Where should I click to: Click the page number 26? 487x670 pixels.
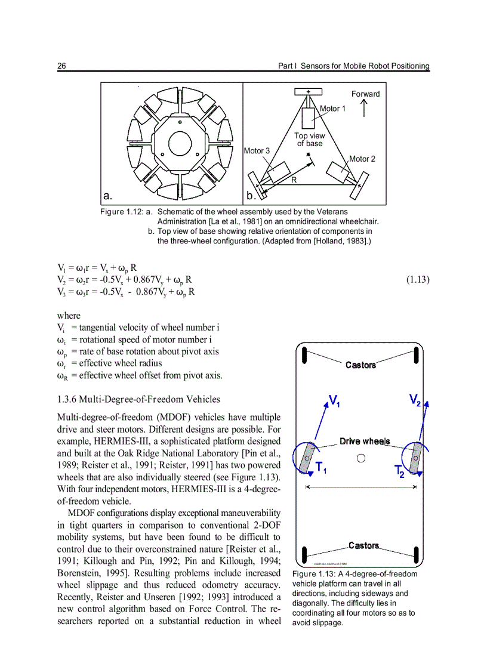61,66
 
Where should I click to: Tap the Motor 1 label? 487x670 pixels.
332,109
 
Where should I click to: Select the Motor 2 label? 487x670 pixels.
362,159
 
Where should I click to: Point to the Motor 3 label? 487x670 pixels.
257,150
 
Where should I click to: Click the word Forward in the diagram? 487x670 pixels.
365,94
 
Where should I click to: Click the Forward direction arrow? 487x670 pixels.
365,108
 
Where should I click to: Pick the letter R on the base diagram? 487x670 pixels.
294,179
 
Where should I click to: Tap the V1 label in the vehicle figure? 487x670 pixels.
334,402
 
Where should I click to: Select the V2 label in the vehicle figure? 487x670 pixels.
415,399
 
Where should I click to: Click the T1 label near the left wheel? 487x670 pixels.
321,467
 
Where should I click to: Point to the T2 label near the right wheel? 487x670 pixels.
400,472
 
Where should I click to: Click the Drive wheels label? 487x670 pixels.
365,441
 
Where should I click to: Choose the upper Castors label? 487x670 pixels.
360,365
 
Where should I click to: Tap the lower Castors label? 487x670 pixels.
363,545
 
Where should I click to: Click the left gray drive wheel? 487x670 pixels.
307,458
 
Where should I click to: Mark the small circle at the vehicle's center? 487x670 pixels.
360,458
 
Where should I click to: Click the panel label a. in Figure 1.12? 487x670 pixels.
107,196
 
